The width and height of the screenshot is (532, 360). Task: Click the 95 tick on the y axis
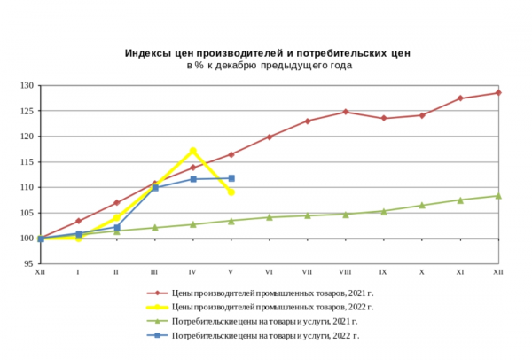[x=27, y=264]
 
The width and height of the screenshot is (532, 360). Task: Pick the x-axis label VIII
[x=345, y=271]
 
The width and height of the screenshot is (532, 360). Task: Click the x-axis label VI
[x=269, y=271]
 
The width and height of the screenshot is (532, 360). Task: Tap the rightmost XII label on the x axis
[x=498, y=271]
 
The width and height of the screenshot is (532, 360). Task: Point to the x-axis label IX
[x=383, y=271]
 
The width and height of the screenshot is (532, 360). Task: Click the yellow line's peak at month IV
[x=192, y=151]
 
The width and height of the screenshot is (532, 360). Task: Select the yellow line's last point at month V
[x=231, y=192]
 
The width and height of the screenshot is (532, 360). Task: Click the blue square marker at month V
[x=231, y=178]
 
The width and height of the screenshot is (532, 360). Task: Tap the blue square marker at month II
[x=116, y=228]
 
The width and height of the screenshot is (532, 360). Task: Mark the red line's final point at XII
[x=498, y=93]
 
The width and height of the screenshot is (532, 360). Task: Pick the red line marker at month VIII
[x=345, y=112]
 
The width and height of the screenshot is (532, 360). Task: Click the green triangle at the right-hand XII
[x=498, y=196]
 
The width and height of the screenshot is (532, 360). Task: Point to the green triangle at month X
[x=422, y=205]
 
